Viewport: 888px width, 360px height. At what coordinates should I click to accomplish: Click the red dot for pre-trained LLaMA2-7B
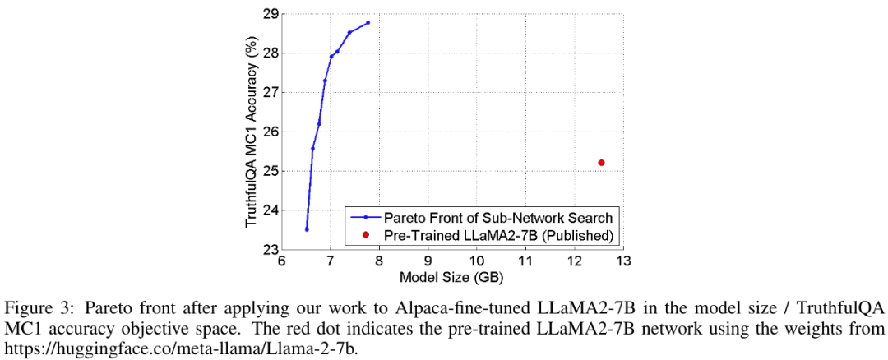click(601, 163)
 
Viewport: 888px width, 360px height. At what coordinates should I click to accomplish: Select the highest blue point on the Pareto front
click(368, 22)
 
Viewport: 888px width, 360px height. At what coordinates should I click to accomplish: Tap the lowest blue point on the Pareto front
click(307, 229)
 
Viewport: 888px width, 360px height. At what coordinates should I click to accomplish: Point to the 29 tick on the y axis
click(271, 14)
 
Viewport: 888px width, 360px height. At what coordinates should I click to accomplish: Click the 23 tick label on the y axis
click(271, 249)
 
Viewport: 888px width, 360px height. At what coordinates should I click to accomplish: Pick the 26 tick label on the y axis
click(271, 132)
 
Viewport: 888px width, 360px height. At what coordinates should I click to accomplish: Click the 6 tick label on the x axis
click(281, 261)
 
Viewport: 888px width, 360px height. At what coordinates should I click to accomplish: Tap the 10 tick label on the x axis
click(476, 261)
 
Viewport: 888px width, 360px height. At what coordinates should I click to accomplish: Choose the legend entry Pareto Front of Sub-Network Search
click(498, 218)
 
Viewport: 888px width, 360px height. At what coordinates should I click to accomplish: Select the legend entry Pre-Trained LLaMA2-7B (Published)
click(498, 235)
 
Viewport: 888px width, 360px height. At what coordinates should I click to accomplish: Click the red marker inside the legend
click(364, 235)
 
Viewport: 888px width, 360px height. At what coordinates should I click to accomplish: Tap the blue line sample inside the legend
click(364, 218)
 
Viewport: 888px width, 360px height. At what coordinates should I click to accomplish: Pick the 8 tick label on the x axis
click(378, 261)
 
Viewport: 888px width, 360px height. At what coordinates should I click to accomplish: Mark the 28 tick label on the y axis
click(271, 53)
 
